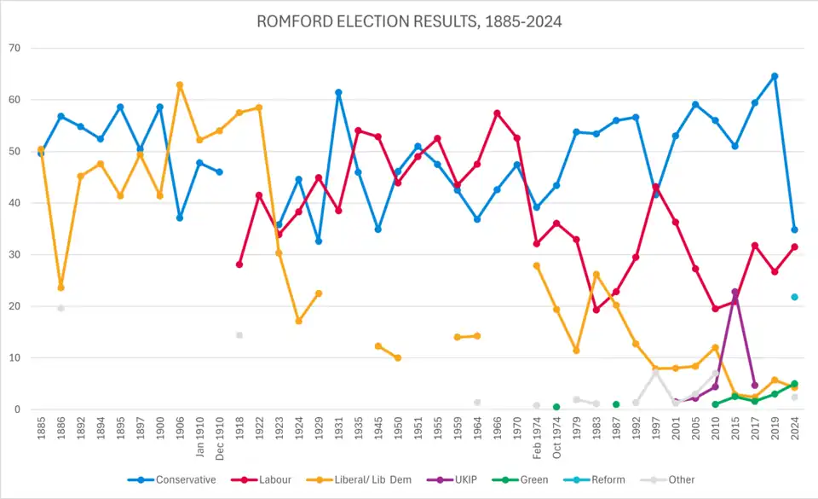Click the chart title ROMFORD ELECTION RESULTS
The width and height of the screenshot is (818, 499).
point(409,22)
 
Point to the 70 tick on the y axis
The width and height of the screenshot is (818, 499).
point(15,48)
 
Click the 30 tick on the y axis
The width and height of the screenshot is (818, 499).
point(15,254)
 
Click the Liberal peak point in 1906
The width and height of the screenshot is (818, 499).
point(180,84)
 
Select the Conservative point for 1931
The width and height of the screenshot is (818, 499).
point(338,92)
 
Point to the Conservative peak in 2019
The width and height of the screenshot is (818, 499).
point(775,76)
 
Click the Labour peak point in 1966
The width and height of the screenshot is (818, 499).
point(497,113)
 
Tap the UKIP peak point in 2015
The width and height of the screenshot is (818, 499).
point(734,292)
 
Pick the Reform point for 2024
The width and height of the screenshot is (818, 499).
point(794,297)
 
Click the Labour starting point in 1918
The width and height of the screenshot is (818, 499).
point(239,264)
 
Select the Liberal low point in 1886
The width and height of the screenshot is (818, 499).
point(60,287)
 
